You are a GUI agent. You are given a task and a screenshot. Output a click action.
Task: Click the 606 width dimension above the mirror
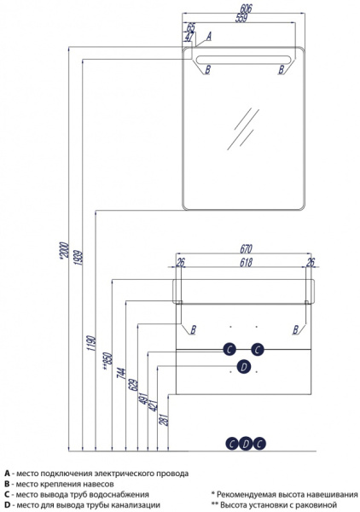[x=246, y=9]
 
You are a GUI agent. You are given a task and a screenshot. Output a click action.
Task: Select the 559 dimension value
[x=241, y=18]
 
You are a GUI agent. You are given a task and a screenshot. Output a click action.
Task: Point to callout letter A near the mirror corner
[x=208, y=36]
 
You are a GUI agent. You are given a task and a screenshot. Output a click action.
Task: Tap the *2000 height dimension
[x=64, y=251]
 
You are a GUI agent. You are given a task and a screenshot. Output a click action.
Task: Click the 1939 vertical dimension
[x=78, y=258]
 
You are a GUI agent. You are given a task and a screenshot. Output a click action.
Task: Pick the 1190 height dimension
[x=91, y=343]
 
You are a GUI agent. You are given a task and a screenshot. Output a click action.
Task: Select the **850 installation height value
[x=107, y=361]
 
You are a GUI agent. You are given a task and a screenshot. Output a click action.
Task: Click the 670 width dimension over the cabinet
[x=246, y=249]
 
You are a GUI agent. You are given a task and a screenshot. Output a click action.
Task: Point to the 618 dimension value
[x=246, y=262]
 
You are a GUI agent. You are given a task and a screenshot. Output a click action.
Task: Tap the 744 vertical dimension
[x=121, y=373]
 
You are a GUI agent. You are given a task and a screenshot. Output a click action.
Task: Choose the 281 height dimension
[x=164, y=419]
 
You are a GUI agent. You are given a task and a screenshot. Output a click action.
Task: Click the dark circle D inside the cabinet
[x=243, y=367]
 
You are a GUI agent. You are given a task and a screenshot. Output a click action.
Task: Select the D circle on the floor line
[x=246, y=444]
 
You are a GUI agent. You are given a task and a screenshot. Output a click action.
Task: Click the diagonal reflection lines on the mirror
[x=243, y=128]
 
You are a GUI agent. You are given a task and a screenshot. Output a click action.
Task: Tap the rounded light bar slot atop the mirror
[x=243, y=60]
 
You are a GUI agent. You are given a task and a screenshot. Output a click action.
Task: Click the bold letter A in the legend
[x=7, y=473]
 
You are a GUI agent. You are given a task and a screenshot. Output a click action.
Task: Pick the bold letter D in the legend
[x=7, y=505]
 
